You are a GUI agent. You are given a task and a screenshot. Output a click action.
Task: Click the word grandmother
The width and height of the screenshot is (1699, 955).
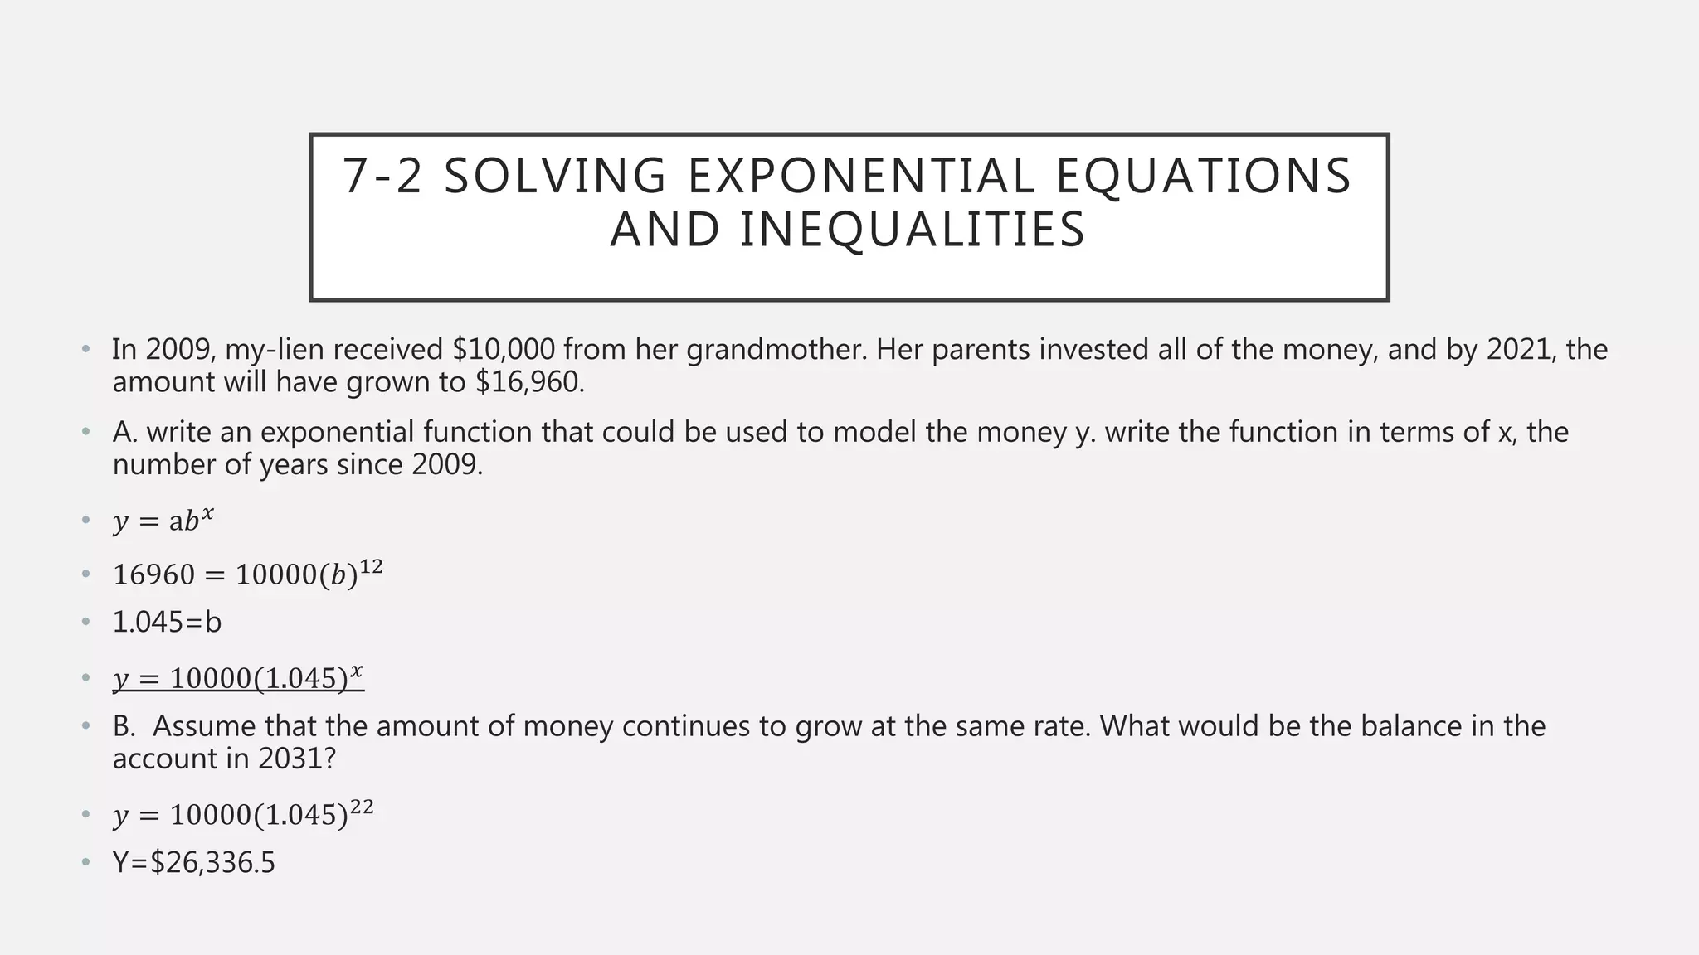click(776, 350)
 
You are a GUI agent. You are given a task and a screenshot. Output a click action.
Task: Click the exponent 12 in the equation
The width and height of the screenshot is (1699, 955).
click(371, 567)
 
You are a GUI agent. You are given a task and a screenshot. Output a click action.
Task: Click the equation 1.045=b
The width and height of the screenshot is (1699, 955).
click(168, 622)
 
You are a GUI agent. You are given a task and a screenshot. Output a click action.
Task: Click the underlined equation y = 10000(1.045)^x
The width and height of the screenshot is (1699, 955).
click(238, 677)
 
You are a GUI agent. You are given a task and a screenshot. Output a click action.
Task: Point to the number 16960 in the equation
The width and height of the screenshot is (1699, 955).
click(153, 574)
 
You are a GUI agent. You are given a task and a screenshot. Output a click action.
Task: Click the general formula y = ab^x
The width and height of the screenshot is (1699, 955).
click(163, 521)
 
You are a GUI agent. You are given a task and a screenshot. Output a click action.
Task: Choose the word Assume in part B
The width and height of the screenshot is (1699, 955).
click(204, 726)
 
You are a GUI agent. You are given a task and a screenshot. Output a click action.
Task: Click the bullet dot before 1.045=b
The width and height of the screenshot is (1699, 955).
click(85, 622)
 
